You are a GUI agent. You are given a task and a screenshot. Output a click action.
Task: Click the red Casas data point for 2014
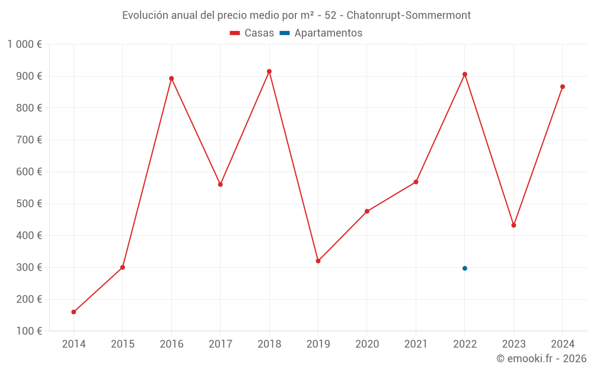click(x=74, y=312)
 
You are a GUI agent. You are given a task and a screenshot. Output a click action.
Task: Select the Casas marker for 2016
click(x=171, y=78)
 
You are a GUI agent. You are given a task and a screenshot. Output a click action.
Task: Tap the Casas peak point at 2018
click(x=269, y=71)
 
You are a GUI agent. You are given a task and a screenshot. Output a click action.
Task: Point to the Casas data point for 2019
click(x=318, y=261)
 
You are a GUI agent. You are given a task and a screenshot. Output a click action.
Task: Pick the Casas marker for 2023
click(x=514, y=225)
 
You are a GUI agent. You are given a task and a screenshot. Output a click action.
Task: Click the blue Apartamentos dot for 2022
click(x=465, y=268)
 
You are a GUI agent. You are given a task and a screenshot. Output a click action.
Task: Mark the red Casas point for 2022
click(x=465, y=74)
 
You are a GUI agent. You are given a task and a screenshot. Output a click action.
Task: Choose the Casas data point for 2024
click(x=563, y=87)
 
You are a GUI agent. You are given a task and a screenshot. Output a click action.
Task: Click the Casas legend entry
click(x=252, y=33)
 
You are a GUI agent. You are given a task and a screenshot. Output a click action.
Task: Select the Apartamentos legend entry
click(x=321, y=33)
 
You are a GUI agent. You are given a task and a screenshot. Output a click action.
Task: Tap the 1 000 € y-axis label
click(x=24, y=44)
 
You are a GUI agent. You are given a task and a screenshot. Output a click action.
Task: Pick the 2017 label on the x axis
click(x=220, y=344)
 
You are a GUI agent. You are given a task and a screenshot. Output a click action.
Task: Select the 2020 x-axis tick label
click(x=367, y=344)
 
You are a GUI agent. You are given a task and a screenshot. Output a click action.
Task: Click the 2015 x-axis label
click(x=123, y=344)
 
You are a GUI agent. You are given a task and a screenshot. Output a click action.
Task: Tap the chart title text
click(x=296, y=15)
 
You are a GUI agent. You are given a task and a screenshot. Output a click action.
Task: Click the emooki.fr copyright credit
click(x=541, y=359)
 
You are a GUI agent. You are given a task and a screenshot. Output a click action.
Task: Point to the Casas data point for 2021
click(x=416, y=182)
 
